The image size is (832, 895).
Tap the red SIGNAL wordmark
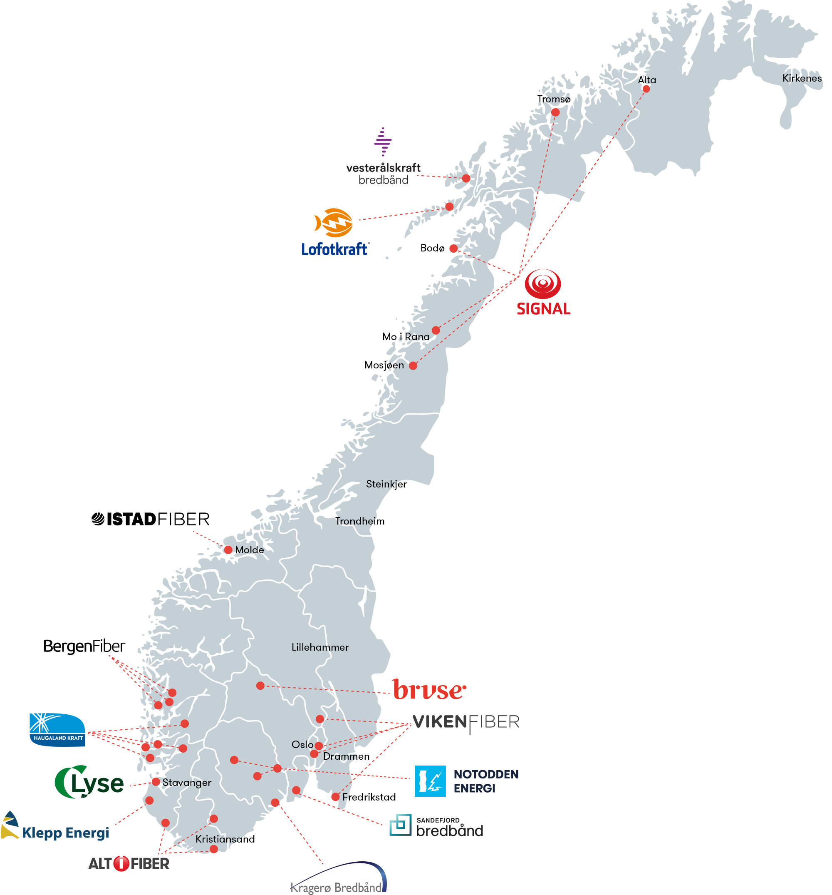click(543, 309)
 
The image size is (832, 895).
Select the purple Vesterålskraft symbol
click(382, 142)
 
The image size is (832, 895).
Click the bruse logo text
click(429, 690)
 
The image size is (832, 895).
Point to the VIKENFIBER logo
click(466, 722)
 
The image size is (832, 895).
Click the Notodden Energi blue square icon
click(430, 781)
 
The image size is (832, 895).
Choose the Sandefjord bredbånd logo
click(436, 825)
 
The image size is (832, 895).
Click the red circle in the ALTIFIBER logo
click(121, 863)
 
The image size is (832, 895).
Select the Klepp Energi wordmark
click(66, 833)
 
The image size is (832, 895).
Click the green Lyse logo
click(89, 783)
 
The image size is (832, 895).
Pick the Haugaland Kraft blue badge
click(57, 730)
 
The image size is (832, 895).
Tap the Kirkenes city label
click(802, 78)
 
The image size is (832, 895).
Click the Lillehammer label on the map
click(320, 647)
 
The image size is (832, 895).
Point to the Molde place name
click(249, 549)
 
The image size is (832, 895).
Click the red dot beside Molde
click(228, 549)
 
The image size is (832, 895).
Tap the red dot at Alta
click(646, 89)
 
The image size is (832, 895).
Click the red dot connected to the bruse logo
click(260, 686)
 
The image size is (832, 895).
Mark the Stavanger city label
click(187, 783)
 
